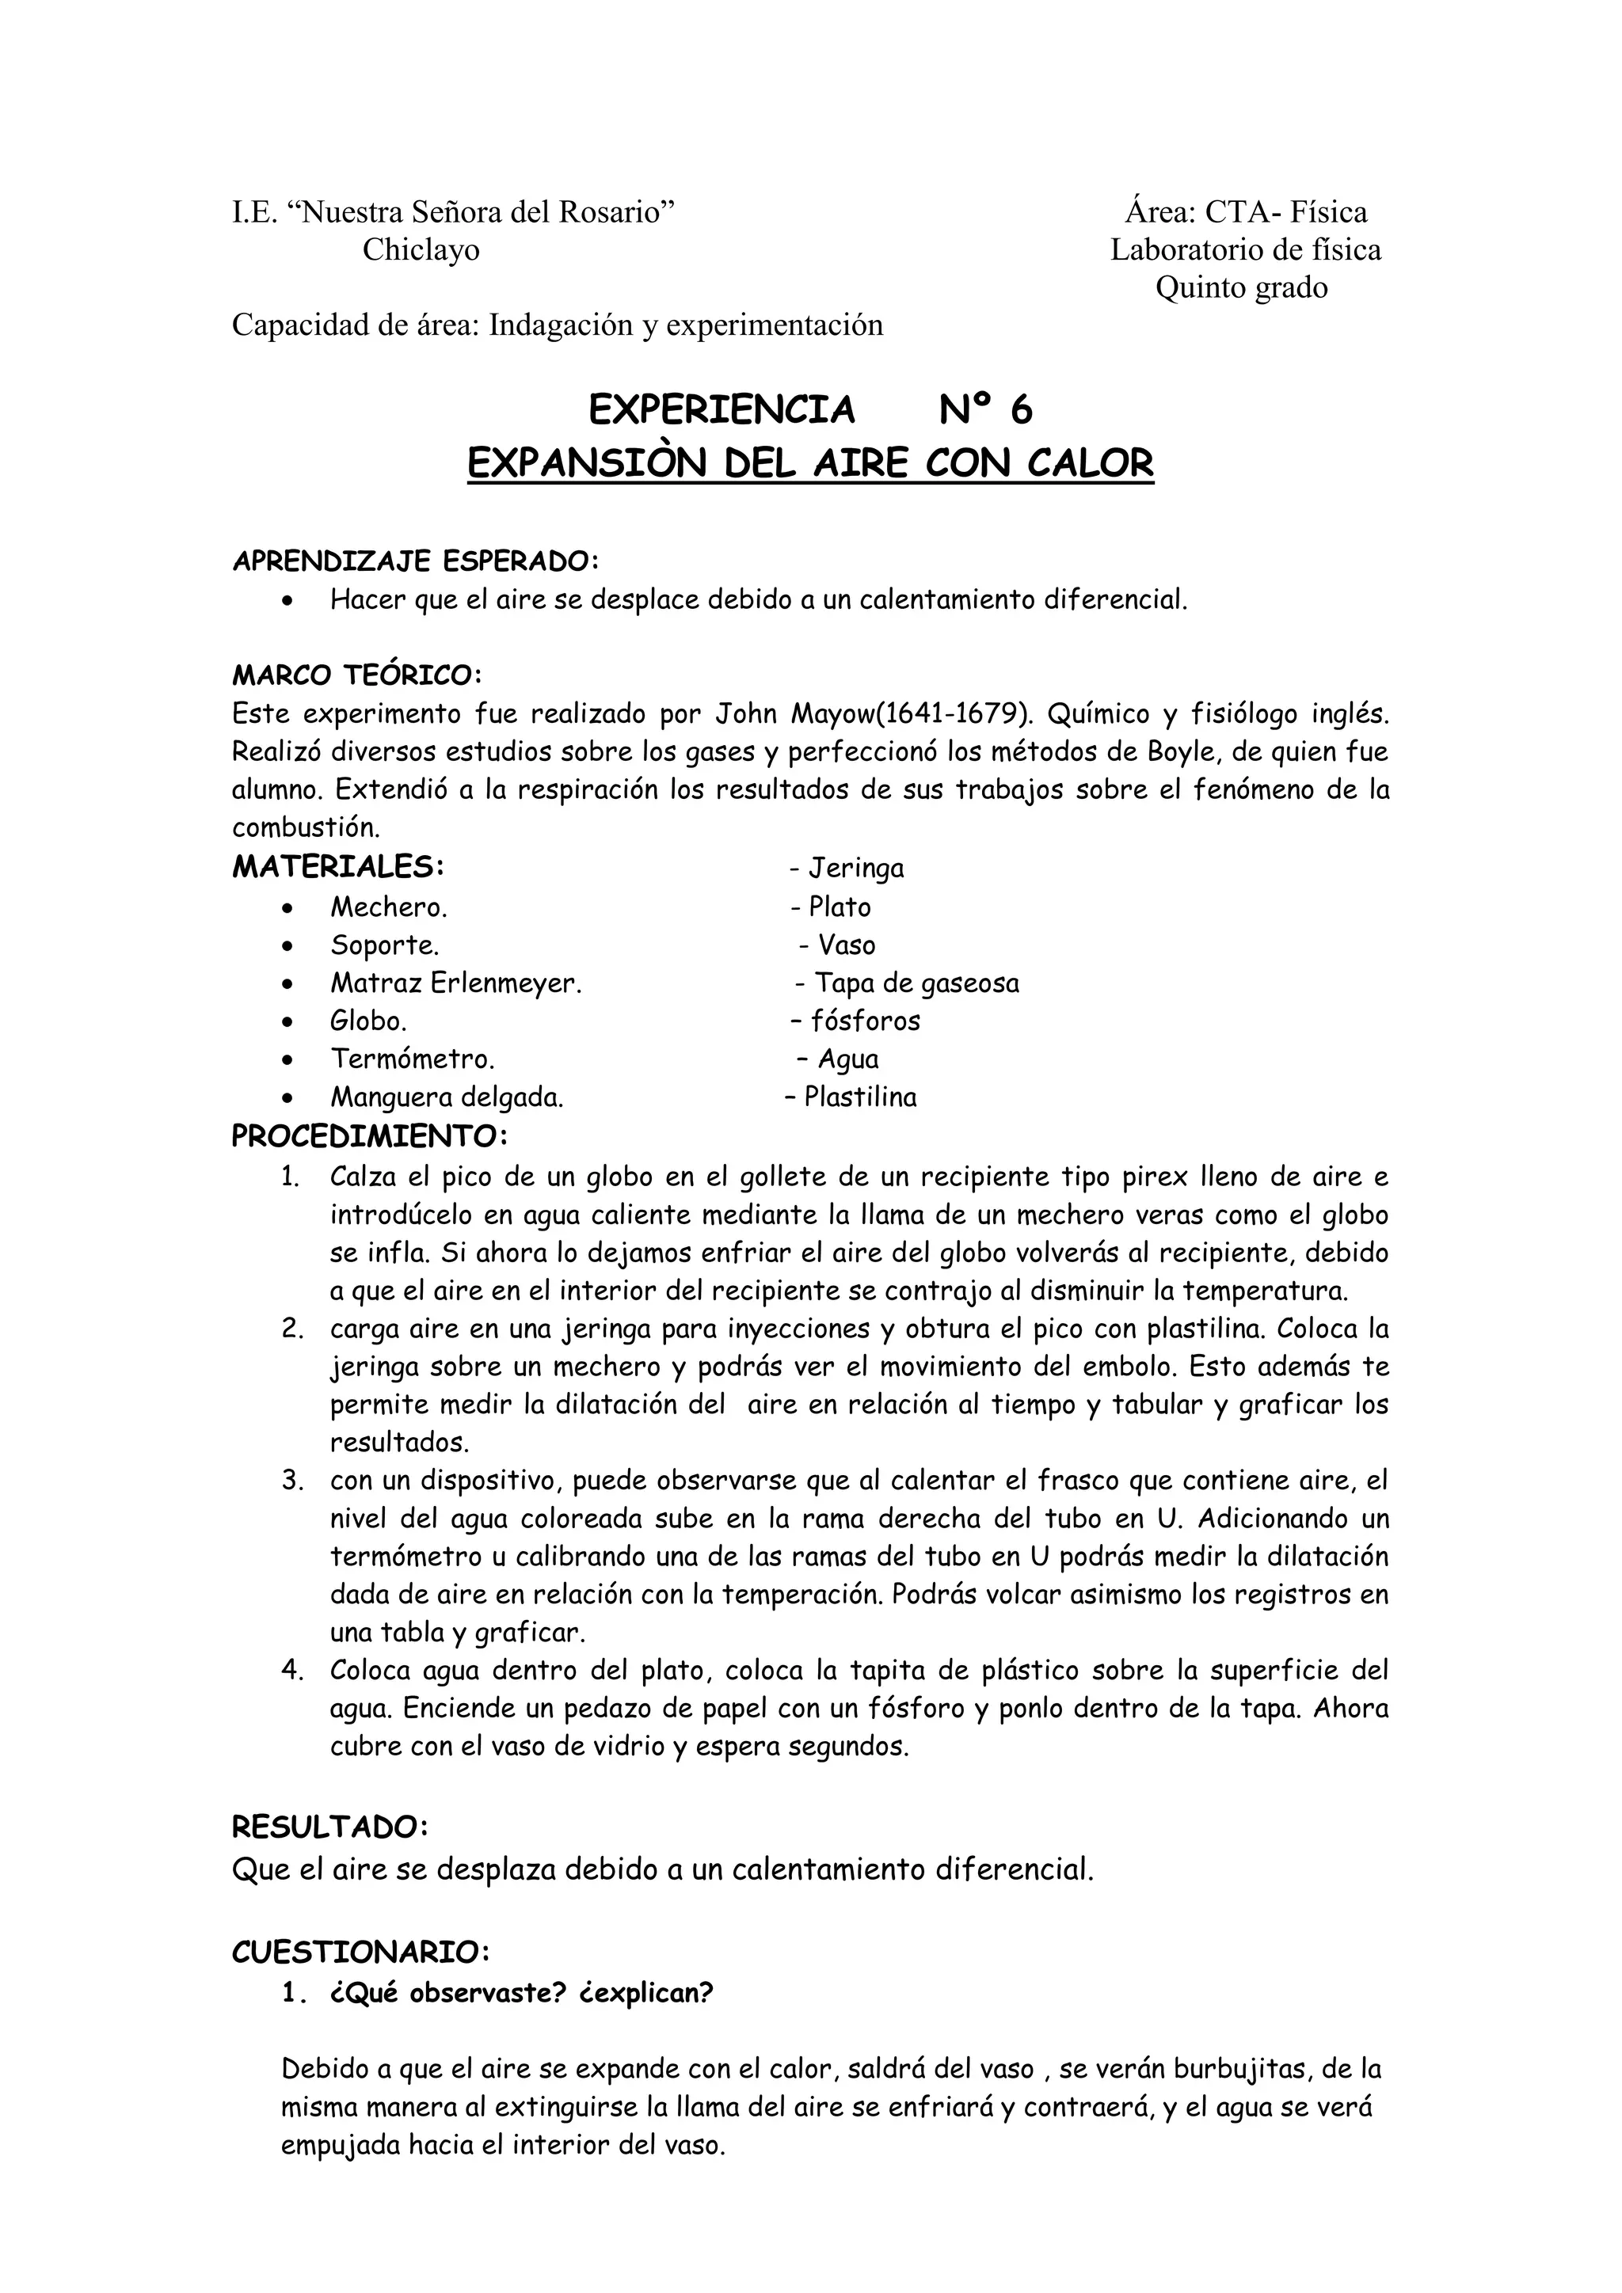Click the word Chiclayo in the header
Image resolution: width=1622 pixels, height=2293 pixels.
tap(421, 249)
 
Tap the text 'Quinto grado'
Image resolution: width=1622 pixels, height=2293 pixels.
tap(1242, 287)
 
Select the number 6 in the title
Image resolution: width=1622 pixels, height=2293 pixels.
tap(1020, 409)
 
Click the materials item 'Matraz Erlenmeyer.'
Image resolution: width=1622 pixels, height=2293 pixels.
tap(456, 983)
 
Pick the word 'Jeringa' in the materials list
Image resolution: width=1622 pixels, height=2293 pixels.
tap(856, 868)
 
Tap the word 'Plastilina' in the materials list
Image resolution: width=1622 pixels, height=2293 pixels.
tap(860, 1097)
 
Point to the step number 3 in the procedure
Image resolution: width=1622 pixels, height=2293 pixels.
tap(291, 1480)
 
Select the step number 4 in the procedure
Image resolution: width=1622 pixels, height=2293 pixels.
tap(291, 1670)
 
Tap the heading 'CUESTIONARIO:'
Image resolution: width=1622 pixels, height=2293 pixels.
tap(360, 1952)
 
